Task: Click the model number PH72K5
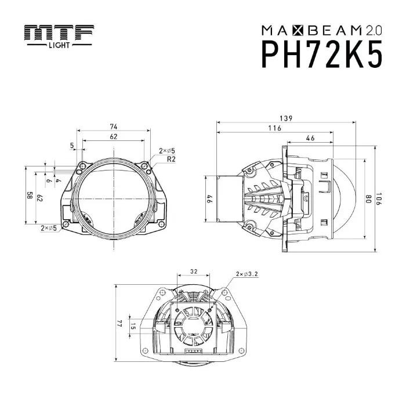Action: (323, 55)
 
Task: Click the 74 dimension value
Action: (114, 126)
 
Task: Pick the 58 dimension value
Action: (28, 196)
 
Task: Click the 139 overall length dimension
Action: (285, 118)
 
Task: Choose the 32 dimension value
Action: (194, 270)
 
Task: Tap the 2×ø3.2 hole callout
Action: (247, 273)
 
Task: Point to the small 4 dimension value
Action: (58, 181)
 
